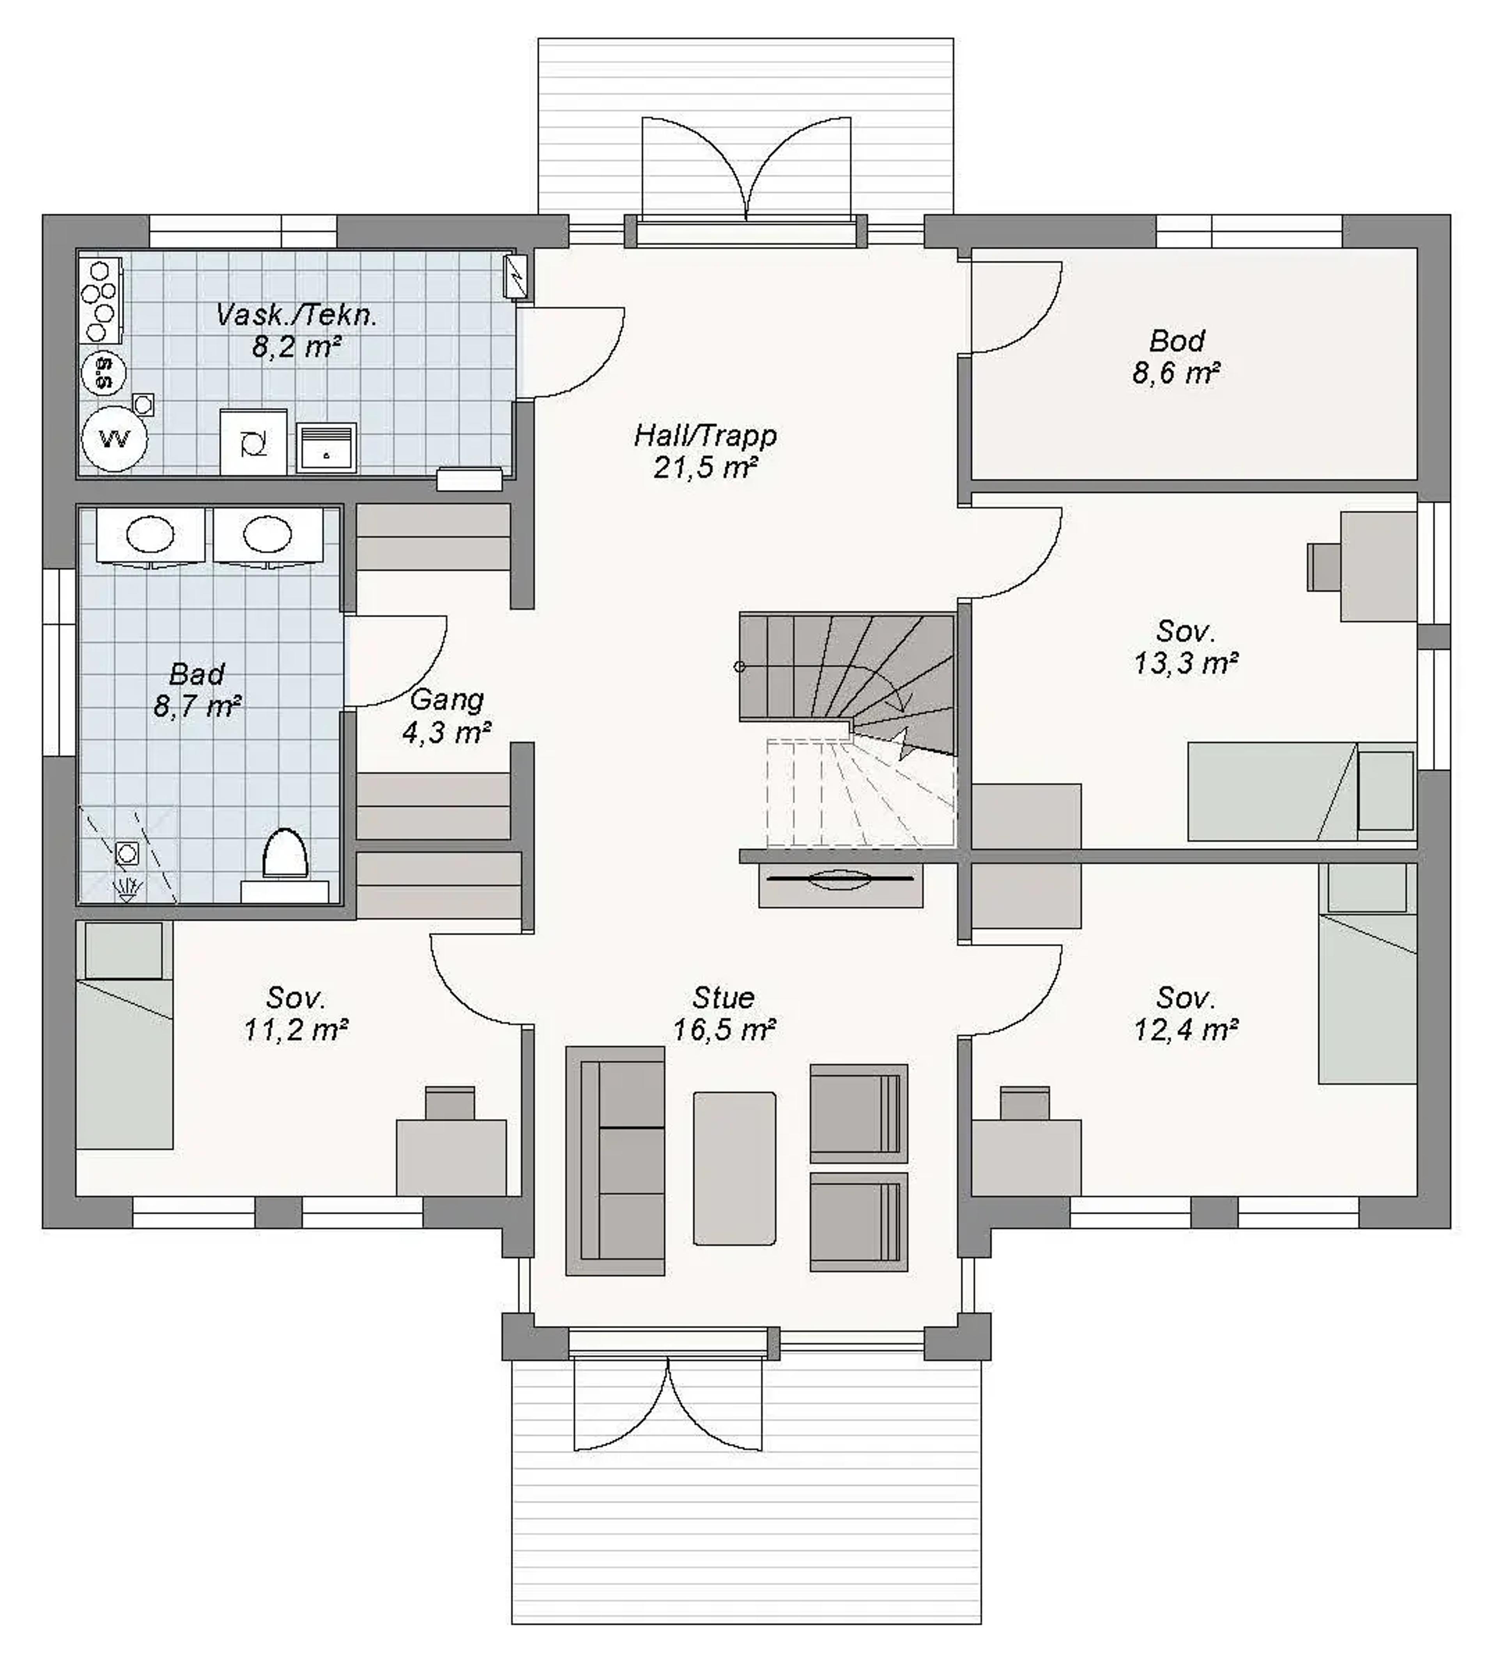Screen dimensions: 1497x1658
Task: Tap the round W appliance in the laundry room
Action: pyautogui.click(x=114, y=438)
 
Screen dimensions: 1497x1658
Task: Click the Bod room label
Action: pyautogui.click(x=1177, y=340)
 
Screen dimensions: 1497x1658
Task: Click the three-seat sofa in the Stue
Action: pyautogui.click(x=615, y=1161)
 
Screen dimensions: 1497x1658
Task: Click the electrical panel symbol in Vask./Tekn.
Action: pyautogui.click(x=515, y=276)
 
